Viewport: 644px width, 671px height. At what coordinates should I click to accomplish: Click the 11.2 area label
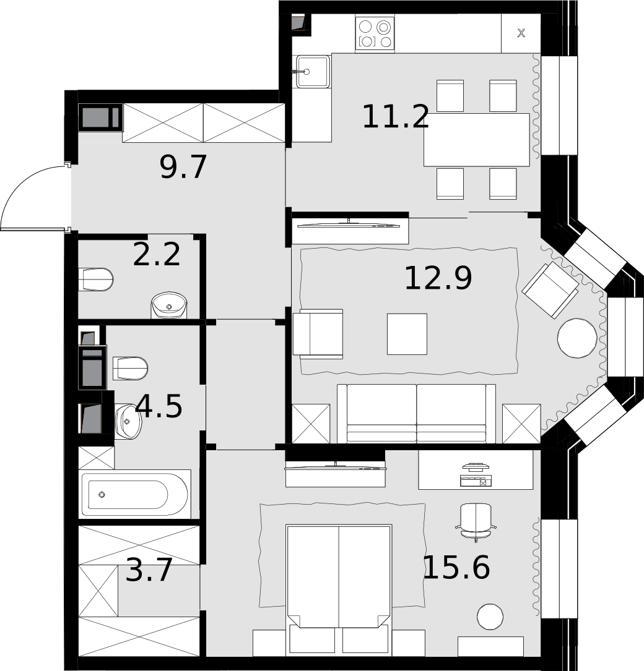396,117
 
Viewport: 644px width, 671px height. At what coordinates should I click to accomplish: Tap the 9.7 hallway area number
183,167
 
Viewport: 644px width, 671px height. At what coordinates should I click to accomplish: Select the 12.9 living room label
438,278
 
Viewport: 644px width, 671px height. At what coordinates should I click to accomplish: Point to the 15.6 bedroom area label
456,568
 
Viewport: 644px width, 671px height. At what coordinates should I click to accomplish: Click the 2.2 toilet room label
157,255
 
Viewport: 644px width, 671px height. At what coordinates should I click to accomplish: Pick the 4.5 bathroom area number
159,406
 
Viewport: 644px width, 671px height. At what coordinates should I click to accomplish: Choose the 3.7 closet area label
149,570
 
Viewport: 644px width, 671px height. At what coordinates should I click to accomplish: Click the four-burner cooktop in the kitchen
375,33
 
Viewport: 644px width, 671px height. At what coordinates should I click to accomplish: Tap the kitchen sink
313,72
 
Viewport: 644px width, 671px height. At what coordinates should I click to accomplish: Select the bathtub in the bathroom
134,494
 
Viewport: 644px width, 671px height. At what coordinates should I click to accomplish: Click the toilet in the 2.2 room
96,280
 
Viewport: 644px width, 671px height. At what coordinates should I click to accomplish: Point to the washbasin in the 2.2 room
169,305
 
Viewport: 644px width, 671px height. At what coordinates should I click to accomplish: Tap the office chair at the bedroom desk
476,522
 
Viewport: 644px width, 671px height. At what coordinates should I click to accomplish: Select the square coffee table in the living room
407,334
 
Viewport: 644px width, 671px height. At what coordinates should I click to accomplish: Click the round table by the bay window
577,338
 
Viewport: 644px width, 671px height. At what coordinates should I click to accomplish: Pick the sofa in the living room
416,413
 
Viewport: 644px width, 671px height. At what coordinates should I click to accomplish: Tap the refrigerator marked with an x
521,33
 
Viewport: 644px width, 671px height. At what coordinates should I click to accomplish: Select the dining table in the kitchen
476,140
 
